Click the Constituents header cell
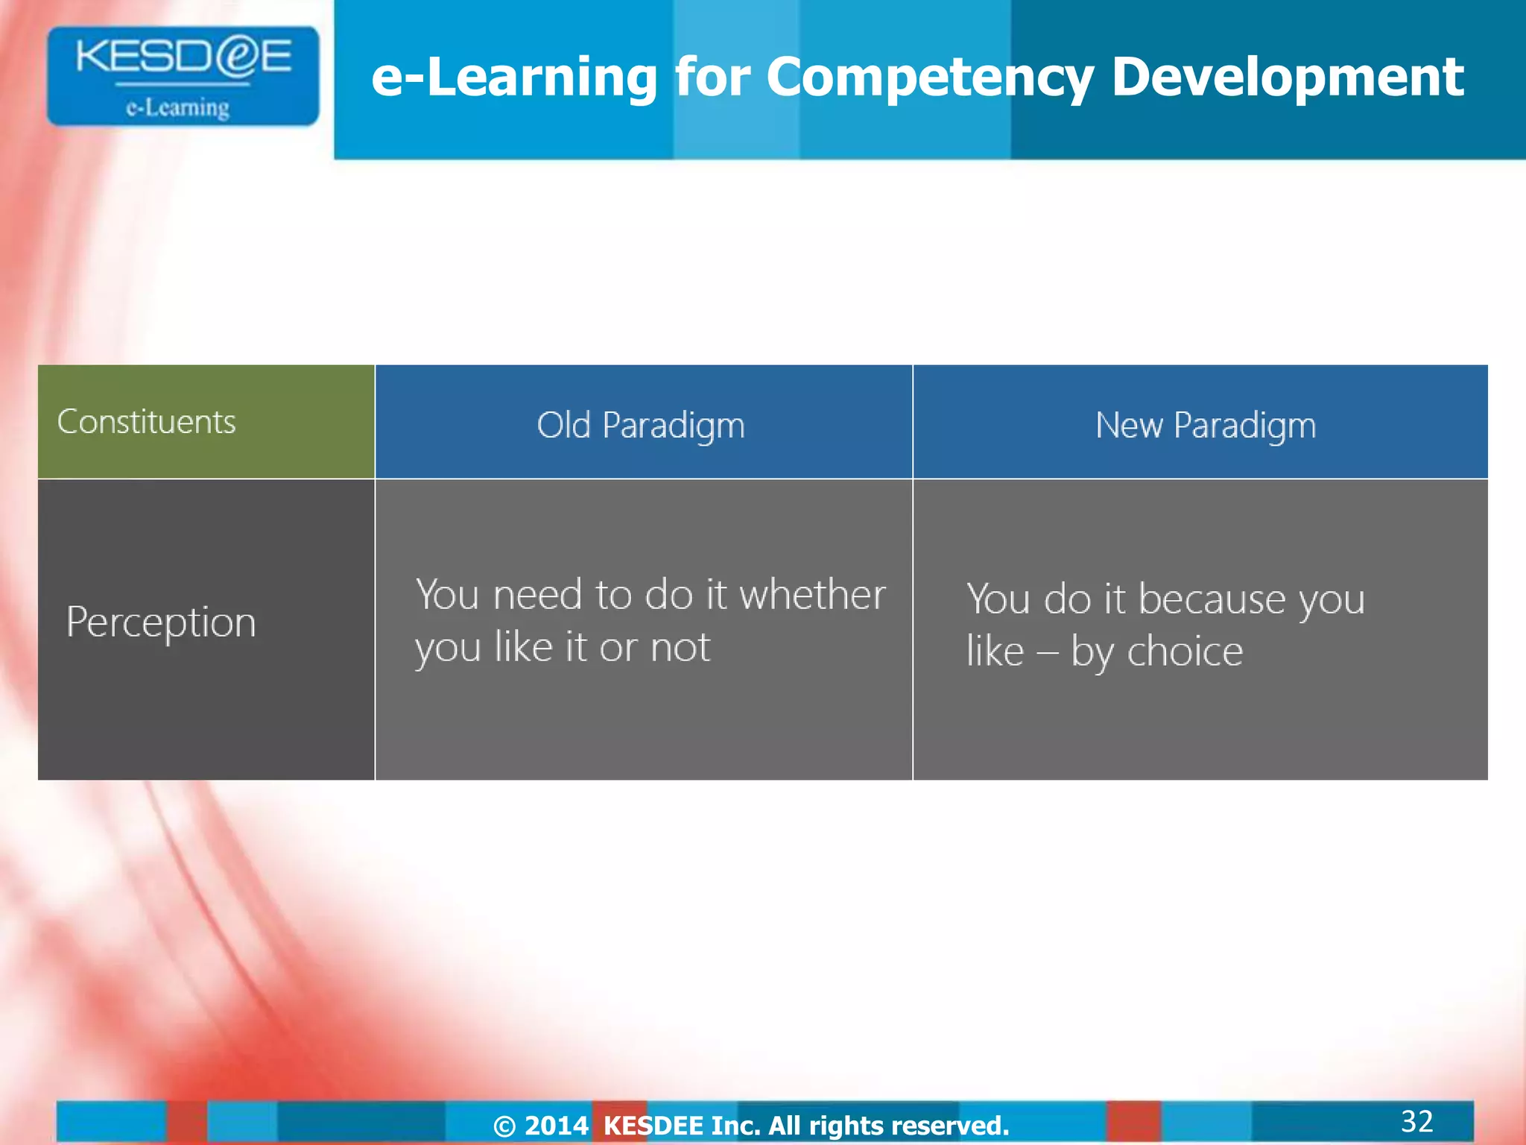point(147,422)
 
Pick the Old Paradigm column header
point(641,426)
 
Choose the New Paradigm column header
point(1205,426)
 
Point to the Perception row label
point(161,622)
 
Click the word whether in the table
point(812,595)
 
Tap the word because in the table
point(1212,599)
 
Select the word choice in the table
point(1185,652)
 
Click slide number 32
point(1416,1121)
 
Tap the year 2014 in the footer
point(557,1126)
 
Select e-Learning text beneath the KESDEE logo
point(177,109)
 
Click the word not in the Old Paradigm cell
point(680,647)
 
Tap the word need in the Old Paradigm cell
point(536,595)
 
